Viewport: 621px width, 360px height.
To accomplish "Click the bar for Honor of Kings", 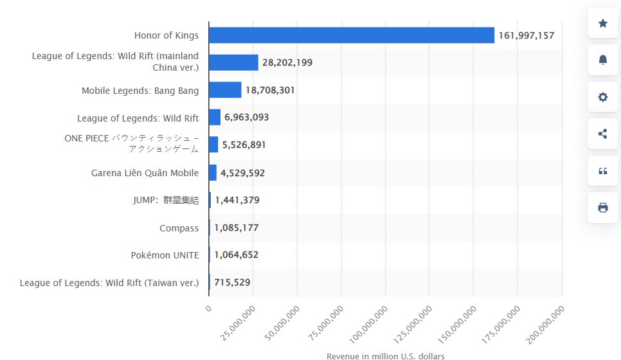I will click(x=351, y=35).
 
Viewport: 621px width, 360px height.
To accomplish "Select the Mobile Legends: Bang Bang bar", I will click(x=225, y=90).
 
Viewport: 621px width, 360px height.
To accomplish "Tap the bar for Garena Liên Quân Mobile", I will click(x=213, y=172).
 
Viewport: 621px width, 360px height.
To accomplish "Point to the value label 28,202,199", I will click(x=287, y=62).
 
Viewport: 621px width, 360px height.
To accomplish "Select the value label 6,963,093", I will click(x=247, y=118).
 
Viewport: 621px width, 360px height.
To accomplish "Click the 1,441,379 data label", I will click(x=237, y=201).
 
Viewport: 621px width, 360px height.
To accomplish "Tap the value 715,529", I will click(x=233, y=282).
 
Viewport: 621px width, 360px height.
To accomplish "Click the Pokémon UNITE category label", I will click(x=165, y=255).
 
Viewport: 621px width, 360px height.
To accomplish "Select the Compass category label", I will click(x=179, y=228).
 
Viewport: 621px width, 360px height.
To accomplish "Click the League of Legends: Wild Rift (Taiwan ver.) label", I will click(x=109, y=282).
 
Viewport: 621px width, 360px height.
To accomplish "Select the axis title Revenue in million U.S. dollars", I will click(x=385, y=355).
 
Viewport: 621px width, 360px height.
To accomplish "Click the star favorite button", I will click(x=603, y=23).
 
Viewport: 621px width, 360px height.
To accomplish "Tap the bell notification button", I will click(x=603, y=60).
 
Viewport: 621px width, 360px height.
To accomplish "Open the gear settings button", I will click(x=603, y=97).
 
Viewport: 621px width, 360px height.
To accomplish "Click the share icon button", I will click(x=603, y=134).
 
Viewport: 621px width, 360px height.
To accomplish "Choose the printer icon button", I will click(x=603, y=207).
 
